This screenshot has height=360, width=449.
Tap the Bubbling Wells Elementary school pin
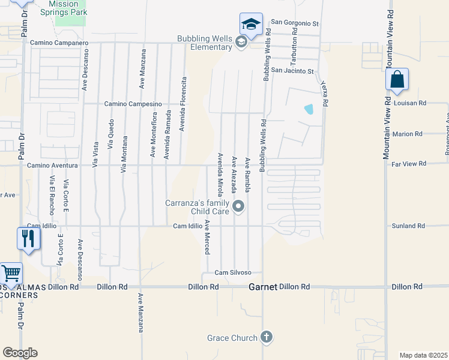(x=241, y=42)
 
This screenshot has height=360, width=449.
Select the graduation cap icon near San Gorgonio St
(x=251, y=25)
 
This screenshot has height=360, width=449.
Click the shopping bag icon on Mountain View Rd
(x=397, y=79)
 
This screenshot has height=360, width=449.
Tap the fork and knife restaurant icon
(x=28, y=238)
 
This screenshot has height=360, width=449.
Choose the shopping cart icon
(x=11, y=274)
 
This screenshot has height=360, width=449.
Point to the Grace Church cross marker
(x=267, y=338)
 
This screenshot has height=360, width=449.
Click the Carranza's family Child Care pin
(x=239, y=207)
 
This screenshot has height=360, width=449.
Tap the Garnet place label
(x=263, y=287)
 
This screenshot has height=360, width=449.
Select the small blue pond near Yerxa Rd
(x=309, y=109)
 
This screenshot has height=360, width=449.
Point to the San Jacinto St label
(x=292, y=71)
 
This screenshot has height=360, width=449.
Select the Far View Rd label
(x=408, y=163)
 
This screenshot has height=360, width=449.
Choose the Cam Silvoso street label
(x=233, y=273)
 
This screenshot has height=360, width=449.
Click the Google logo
(x=20, y=353)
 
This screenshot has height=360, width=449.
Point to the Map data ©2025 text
(x=423, y=355)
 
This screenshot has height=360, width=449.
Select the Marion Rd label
(x=410, y=134)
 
